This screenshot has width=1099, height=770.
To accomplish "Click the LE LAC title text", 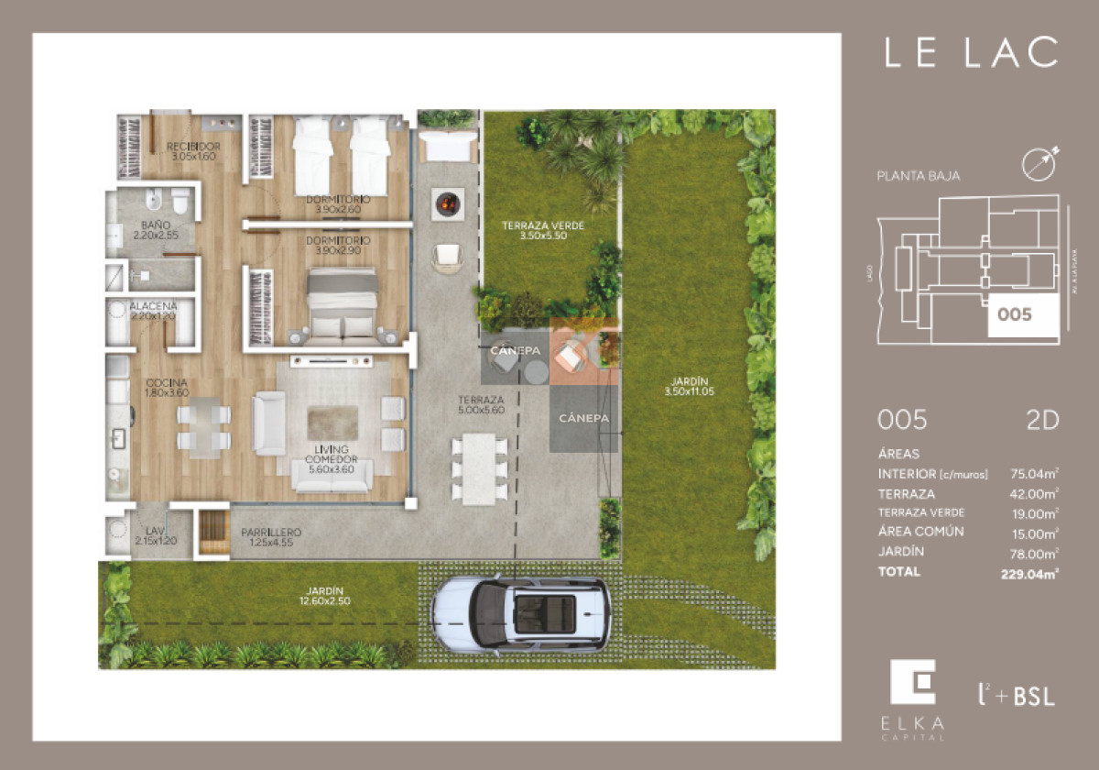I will tap(971, 52).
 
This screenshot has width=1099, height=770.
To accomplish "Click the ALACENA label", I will tap(151, 311).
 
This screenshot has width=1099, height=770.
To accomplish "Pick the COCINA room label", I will tap(166, 388).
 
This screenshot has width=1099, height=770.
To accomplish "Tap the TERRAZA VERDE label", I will tap(543, 230).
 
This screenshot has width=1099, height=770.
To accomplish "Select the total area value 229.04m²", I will tap(1029, 574).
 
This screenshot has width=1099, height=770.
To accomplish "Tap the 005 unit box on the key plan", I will tap(1015, 315).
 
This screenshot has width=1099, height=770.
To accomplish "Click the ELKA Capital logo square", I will tap(913, 683).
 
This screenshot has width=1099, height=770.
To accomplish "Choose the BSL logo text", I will tap(1033, 696).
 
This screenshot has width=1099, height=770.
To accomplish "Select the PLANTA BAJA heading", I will tap(919, 176).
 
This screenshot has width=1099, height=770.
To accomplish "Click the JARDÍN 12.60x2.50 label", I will tap(326, 596).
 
